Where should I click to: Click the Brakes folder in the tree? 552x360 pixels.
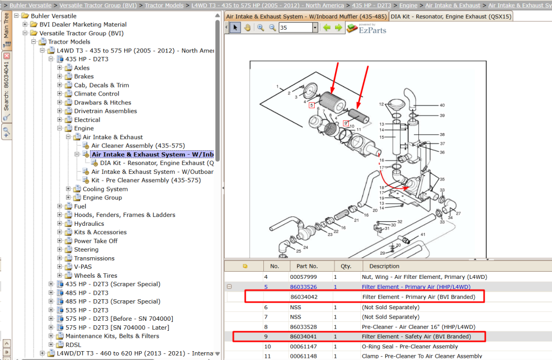[84, 76]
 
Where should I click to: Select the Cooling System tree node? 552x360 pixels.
[105, 189]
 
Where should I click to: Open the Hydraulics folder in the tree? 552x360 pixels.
[89, 224]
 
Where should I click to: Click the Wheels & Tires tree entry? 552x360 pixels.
[95, 276]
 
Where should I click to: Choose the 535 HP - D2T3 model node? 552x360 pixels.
[87, 310]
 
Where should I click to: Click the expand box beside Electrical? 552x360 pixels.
[60, 120]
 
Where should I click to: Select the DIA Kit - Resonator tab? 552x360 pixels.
[451, 17]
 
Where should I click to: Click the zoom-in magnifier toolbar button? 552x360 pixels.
[261, 28]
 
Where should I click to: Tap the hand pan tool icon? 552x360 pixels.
[247, 28]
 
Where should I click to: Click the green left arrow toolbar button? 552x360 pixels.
[327, 28]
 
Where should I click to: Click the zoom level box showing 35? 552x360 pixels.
[295, 28]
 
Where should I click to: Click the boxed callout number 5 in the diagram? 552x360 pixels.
[311, 105]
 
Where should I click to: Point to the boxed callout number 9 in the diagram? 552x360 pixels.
[346, 123]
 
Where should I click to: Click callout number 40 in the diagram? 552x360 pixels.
[442, 105]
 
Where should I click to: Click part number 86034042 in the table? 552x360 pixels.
[304, 297]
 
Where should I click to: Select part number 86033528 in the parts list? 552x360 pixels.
[304, 327]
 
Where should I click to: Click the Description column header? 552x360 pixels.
[384, 266]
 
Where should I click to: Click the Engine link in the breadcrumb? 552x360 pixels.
[408, 6]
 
